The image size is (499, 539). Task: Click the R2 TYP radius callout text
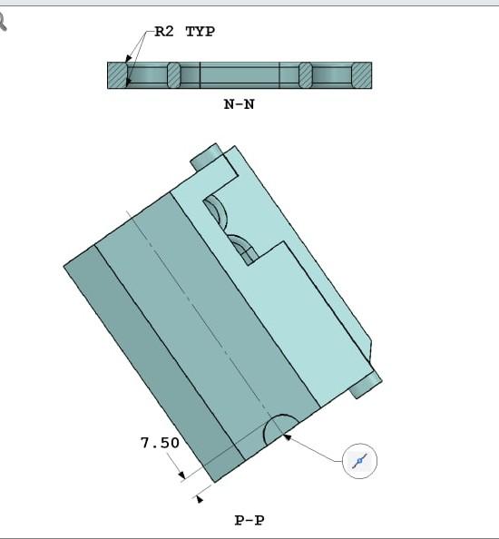point(184,32)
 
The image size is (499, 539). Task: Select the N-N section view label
point(239,103)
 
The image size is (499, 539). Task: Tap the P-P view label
point(249,521)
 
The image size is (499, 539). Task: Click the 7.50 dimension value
point(160,443)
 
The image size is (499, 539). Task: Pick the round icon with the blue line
point(360,461)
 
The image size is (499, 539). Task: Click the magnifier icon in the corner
point(3,22)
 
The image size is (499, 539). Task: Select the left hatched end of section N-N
point(118,75)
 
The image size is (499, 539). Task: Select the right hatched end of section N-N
point(361,75)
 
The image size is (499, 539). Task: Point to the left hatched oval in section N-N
point(175,75)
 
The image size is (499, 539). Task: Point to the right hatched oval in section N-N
point(305,75)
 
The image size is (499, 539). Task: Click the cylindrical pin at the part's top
point(205,156)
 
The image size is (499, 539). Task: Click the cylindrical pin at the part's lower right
point(366,385)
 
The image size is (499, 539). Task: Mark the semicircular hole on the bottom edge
point(280,430)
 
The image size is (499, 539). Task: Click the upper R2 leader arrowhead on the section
point(129,58)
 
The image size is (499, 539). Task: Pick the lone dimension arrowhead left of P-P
point(200,497)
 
